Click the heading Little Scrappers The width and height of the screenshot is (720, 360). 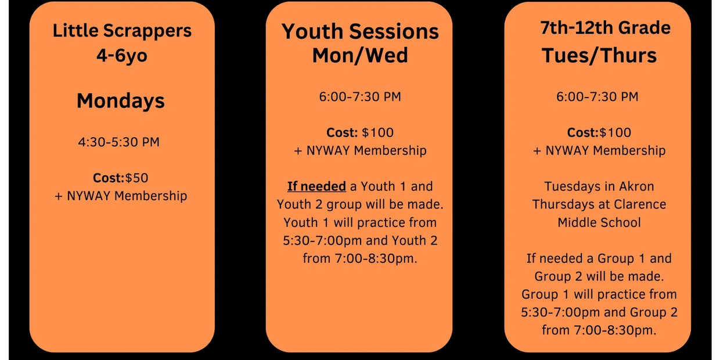(x=122, y=31)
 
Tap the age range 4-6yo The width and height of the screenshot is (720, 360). (x=122, y=55)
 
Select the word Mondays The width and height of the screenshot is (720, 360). (x=121, y=101)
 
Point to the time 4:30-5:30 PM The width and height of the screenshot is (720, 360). (x=118, y=142)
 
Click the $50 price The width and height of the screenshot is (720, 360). (x=136, y=178)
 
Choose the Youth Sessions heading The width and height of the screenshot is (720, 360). (x=360, y=31)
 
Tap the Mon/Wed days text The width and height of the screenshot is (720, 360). (x=360, y=55)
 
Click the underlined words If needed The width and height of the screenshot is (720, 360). (x=316, y=186)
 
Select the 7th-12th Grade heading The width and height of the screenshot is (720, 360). (x=606, y=28)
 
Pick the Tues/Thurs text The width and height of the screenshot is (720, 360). (x=599, y=55)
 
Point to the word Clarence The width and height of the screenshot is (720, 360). (x=640, y=204)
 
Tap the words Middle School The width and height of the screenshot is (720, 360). (x=599, y=222)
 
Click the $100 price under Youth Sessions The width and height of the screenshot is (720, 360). (x=377, y=133)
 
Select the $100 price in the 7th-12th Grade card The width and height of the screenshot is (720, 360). (x=615, y=133)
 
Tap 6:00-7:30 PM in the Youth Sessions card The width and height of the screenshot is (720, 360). (x=360, y=97)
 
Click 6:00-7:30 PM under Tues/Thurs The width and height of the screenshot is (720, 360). (x=597, y=97)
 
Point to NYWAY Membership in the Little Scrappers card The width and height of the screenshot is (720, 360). (x=127, y=196)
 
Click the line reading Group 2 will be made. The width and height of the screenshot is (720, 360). (x=599, y=276)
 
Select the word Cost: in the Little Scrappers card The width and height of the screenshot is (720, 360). (x=109, y=178)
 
